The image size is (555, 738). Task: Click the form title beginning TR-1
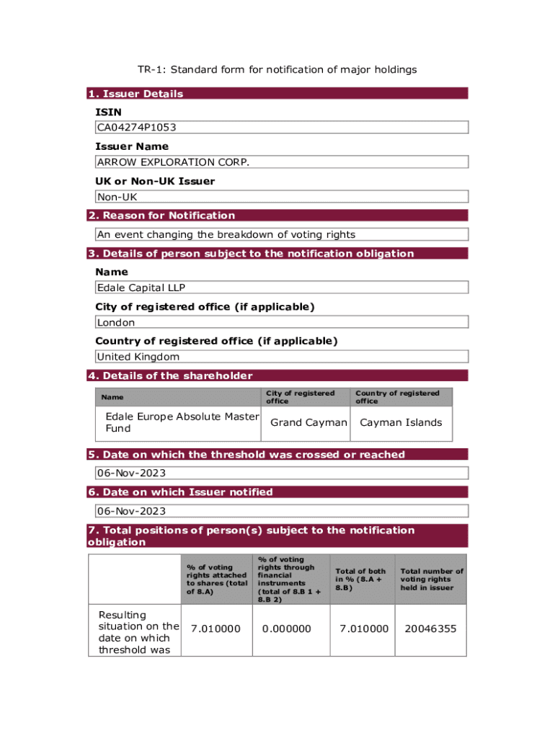click(x=277, y=70)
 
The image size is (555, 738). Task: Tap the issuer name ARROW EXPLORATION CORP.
click(x=173, y=162)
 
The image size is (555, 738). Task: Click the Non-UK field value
click(x=117, y=197)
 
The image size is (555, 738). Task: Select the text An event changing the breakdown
click(x=226, y=234)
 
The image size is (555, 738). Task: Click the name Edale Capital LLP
click(x=141, y=288)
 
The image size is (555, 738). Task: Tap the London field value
click(x=116, y=322)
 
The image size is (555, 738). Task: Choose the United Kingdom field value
click(x=138, y=357)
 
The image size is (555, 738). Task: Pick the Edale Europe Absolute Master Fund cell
click(x=182, y=422)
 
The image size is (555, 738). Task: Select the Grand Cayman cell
click(x=308, y=422)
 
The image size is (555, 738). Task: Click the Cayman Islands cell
click(x=401, y=422)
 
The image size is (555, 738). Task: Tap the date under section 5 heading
click(x=131, y=473)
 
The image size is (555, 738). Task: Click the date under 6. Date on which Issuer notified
click(x=131, y=511)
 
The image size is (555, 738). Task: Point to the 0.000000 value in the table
click(x=287, y=628)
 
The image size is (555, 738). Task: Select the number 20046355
click(x=430, y=628)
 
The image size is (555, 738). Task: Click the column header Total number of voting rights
click(x=432, y=579)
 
